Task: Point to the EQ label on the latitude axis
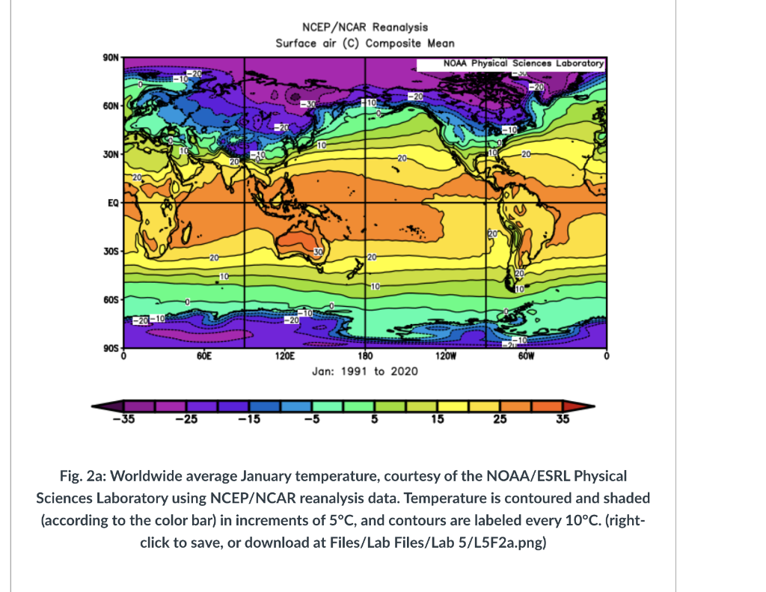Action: (110, 203)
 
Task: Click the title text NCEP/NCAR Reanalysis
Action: (364, 28)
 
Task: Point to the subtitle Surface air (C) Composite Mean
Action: (364, 43)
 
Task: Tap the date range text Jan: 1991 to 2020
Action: (364, 371)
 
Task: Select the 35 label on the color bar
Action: (563, 420)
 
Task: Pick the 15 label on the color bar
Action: (437, 420)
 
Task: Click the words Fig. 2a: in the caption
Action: (84, 476)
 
